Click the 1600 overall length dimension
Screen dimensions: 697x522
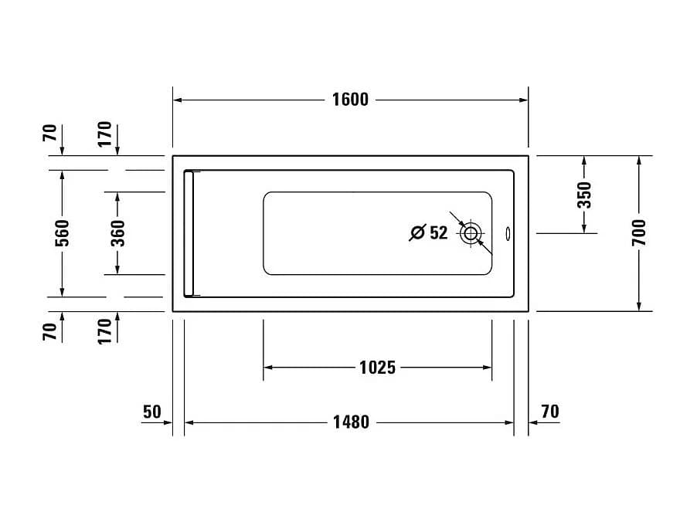(350, 100)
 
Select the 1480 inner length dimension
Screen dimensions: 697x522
(351, 422)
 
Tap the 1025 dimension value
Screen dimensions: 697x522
(377, 368)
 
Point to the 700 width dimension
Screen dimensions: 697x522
(638, 232)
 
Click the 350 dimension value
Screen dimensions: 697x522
(584, 195)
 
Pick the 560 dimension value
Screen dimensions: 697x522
(63, 233)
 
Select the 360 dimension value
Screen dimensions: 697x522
(117, 233)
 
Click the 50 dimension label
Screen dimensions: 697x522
(152, 412)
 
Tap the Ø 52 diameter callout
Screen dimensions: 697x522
(428, 232)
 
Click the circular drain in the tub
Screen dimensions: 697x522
(471, 232)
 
